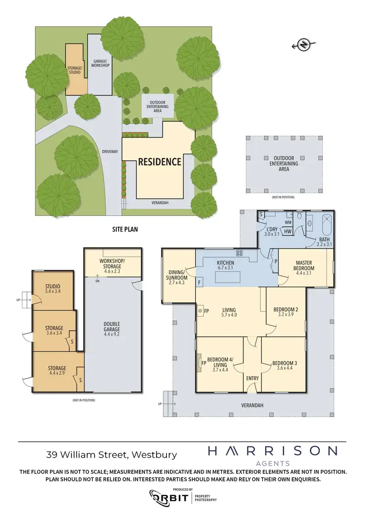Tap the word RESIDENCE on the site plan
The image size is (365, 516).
(160, 161)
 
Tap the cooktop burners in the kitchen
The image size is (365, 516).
(239, 253)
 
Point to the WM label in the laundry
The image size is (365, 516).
(274, 222)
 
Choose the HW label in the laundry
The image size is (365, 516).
(274, 232)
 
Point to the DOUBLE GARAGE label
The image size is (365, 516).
(112, 327)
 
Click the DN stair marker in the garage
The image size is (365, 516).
(97, 281)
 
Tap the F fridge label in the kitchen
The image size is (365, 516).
(200, 282)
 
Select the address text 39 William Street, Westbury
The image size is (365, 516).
(111, 455)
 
